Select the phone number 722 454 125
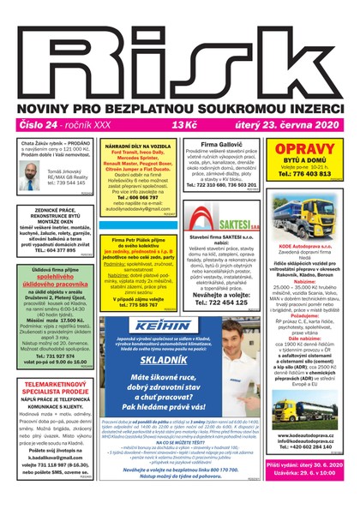[221, 302]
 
